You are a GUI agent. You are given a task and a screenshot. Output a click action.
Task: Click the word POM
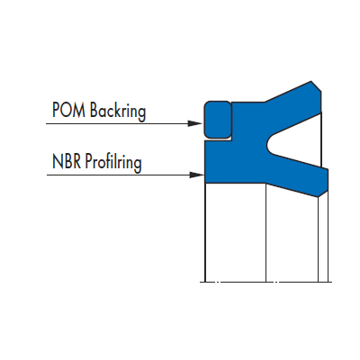(x=68, y=110)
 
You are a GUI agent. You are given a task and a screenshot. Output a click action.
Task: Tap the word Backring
(x=118, y=111)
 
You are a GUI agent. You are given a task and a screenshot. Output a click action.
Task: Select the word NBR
(x=67, y=161)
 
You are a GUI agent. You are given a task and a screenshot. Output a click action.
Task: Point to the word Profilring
(x=113, y=162)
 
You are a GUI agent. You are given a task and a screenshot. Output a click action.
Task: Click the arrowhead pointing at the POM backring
(x=194, y=123)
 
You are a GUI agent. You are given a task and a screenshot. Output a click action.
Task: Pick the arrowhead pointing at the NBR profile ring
(x=197, y=175)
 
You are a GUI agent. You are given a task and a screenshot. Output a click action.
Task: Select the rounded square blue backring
(x=218, y=120)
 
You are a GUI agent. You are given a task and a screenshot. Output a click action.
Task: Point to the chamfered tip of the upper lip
(x=316, y=86)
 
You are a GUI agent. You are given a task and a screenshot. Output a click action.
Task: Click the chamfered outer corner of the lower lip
(x=323, y=193)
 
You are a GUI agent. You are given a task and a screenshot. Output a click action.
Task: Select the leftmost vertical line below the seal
(x=205, y=232)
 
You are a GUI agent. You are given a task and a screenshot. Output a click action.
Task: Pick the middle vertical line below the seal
(x=266, y=232)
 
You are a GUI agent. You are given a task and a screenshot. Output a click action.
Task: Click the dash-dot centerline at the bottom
(x=265, y=282)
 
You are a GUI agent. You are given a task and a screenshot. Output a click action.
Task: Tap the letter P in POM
(x=56, y=110)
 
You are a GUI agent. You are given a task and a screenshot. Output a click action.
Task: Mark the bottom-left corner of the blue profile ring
(x=205, y=183)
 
